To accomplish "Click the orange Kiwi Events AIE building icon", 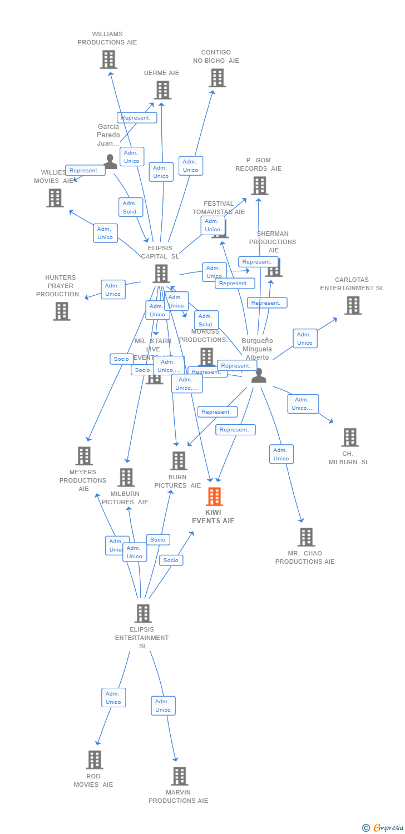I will coord(214,496).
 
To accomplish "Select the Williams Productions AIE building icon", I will coord(108,59).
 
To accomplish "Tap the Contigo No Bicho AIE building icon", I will coord(217,78).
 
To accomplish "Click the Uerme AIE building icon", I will coord(162,90).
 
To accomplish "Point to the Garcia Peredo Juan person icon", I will coord(111,161).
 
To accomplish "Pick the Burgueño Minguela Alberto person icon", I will coord(259,375).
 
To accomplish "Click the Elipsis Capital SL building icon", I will coord(161,274).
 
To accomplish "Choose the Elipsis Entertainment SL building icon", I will coord(143,613).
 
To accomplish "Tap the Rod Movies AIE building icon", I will coord(95,759).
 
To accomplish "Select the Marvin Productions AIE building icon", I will coord(179,776).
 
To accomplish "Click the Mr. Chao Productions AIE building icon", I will coord(306,537).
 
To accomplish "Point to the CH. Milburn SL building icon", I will coord(350,437).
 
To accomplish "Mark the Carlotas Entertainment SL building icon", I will coord(353,305).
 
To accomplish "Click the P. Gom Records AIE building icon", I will coord(259,186).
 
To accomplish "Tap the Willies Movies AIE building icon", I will coord(55,197).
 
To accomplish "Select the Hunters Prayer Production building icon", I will coord(62,311).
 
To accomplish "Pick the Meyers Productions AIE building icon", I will coord(84,455).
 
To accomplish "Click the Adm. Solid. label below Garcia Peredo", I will coord(131,207).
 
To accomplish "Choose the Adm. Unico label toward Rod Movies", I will coord(113,698).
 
